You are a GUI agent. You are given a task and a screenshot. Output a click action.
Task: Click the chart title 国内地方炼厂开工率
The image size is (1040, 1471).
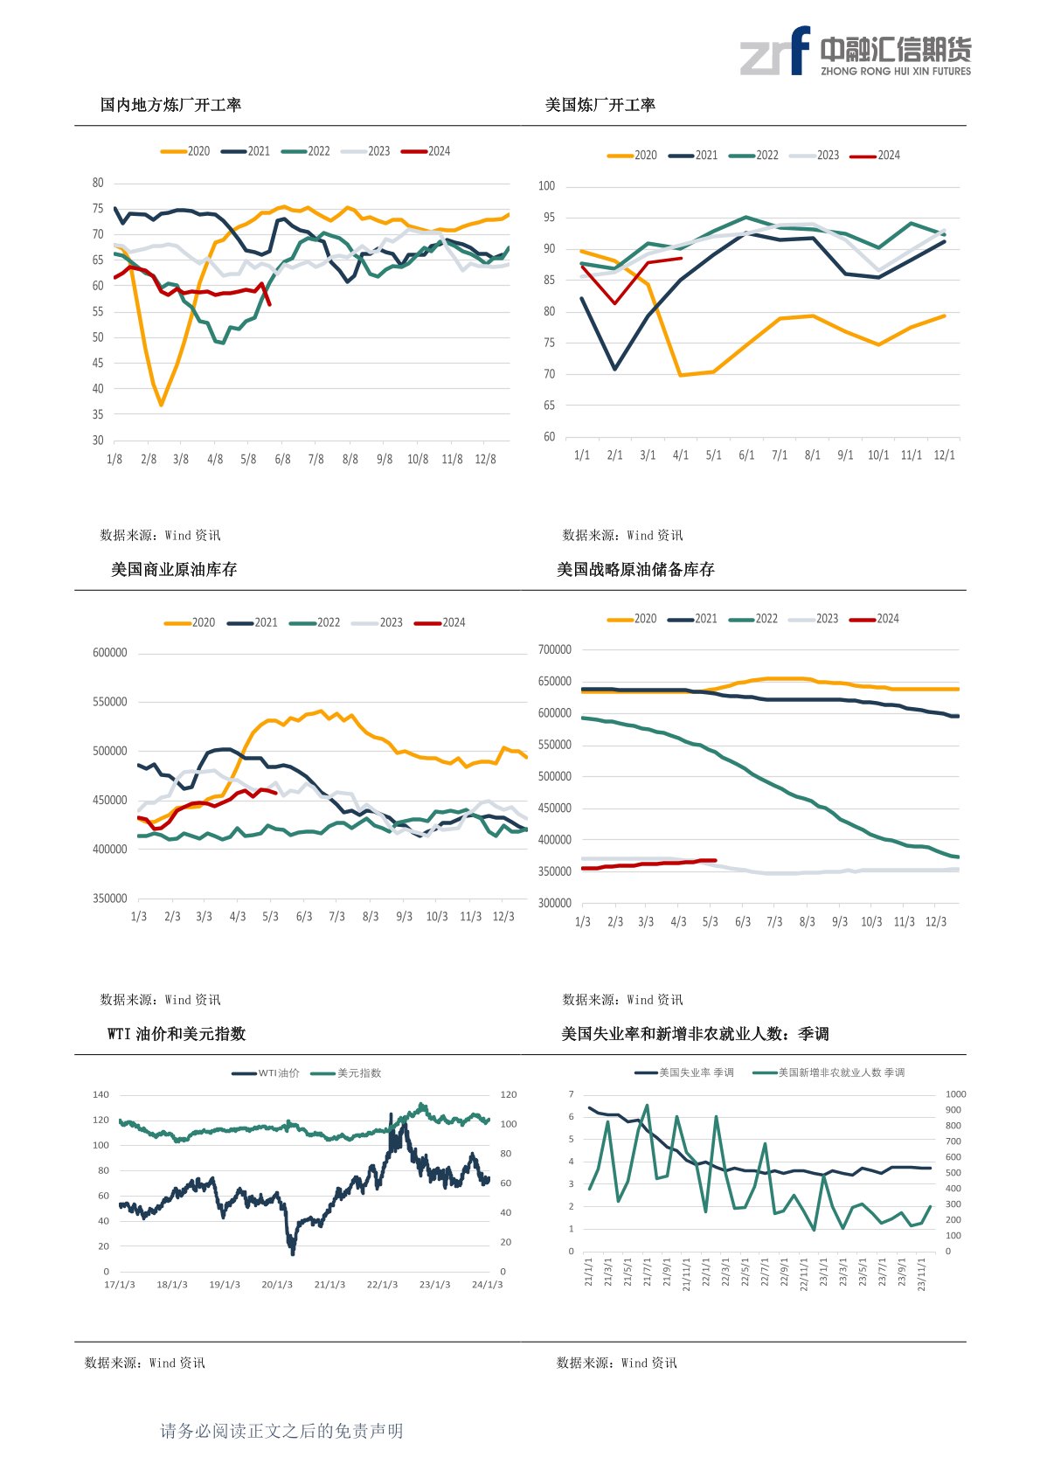tap(170, 105)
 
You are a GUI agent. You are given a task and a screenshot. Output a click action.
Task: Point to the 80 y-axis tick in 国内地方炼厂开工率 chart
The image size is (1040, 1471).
tap(98, 183)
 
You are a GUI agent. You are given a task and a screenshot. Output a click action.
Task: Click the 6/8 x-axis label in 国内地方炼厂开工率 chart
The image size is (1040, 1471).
tap(282, 459)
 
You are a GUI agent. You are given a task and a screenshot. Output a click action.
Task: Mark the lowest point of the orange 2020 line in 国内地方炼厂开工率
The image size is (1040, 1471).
tap(161, 405)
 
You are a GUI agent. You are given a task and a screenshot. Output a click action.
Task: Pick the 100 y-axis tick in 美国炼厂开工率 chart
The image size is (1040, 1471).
tap(546, 186)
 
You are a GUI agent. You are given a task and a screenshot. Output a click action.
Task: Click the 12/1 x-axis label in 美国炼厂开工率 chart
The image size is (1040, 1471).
tap(944, 455)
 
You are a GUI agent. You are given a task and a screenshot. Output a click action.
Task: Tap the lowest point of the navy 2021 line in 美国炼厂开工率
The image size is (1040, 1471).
tap(615, 369)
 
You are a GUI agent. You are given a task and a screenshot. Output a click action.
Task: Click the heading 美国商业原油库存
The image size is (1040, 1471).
tap(174, 570)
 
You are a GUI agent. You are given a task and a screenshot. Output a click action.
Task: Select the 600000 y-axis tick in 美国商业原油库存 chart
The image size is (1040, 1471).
tap(110, 653)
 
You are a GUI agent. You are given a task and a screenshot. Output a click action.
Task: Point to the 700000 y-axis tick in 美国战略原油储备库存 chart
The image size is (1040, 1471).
tap(555, 649)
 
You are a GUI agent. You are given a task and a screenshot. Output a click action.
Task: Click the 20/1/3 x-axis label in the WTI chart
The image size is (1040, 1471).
tap(277, 1284)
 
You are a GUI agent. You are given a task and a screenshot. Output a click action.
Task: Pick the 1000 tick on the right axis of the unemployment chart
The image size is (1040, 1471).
tap(955, 1094)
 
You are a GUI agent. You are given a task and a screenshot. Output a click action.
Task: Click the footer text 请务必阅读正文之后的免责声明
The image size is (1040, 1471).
tap(281, 1431)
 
